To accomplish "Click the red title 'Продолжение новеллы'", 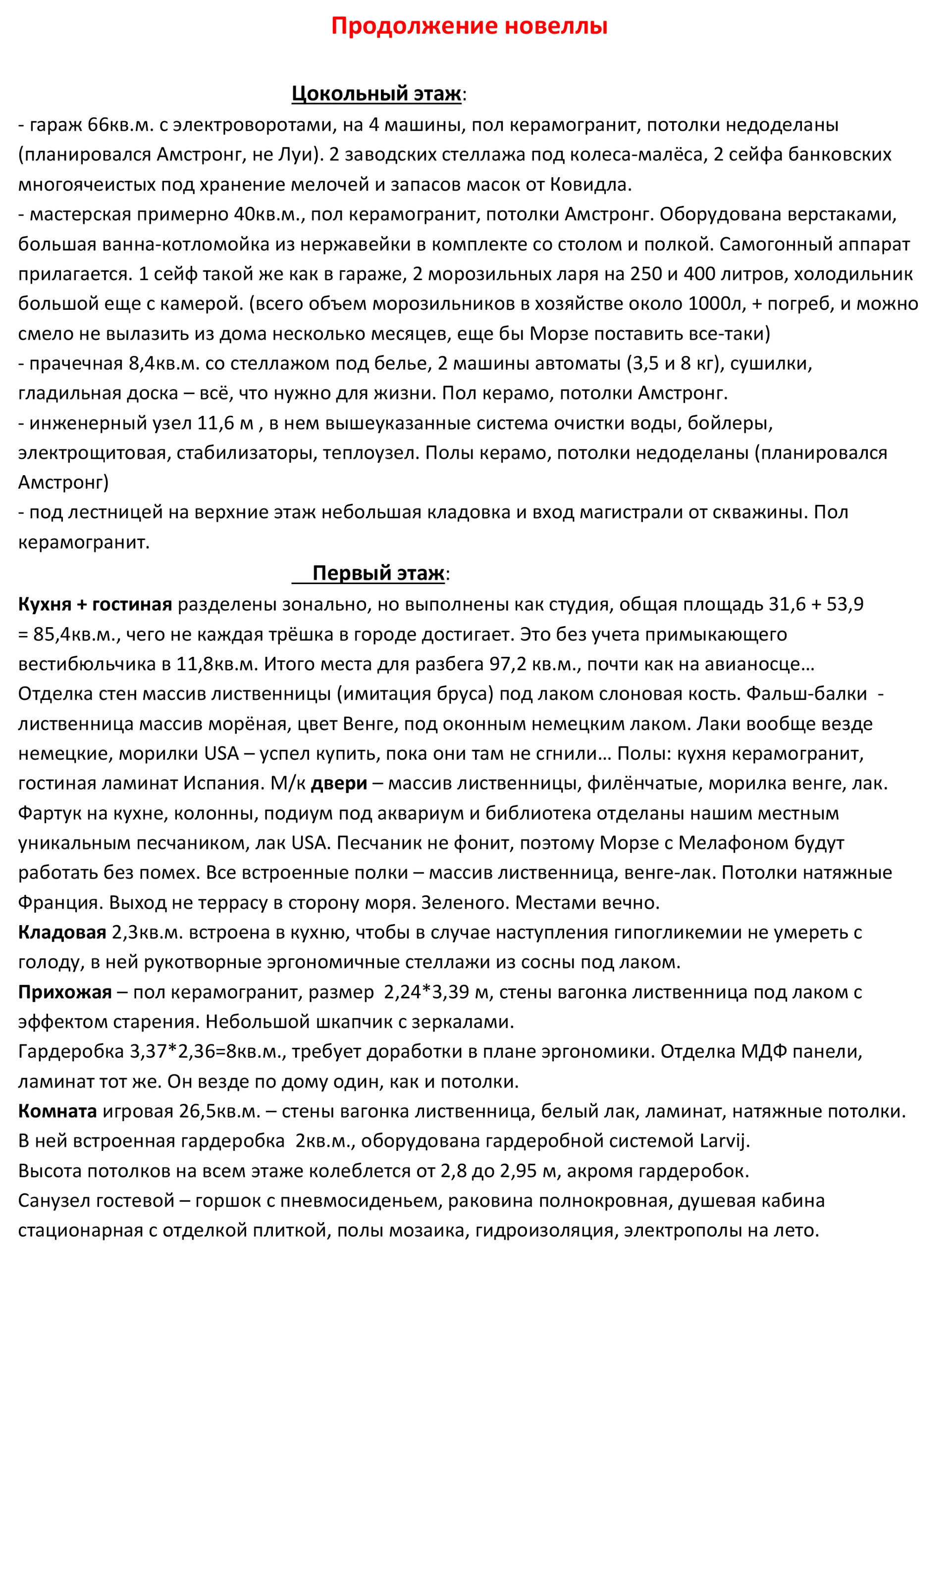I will pyautogui.click(x=469, y=26).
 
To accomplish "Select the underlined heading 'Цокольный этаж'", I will pyautogui.click(x=376, y=94).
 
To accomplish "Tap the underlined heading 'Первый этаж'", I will pyautogui.click(x=378, y=573).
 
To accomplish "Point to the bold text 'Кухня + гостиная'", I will pyautogui.click(x=95, y=604).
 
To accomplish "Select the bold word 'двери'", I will pyautogui.click(x=339, y=783).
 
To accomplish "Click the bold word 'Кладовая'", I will pyautogui.click(x=62, y=933).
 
